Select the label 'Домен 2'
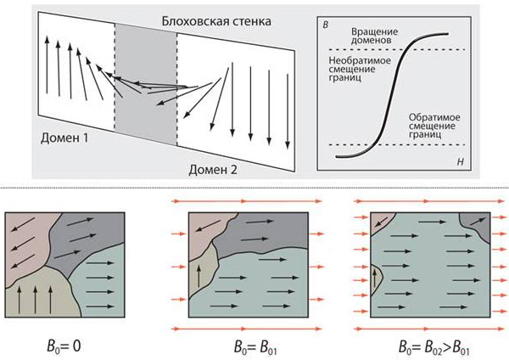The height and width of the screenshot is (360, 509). click(212, 169)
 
